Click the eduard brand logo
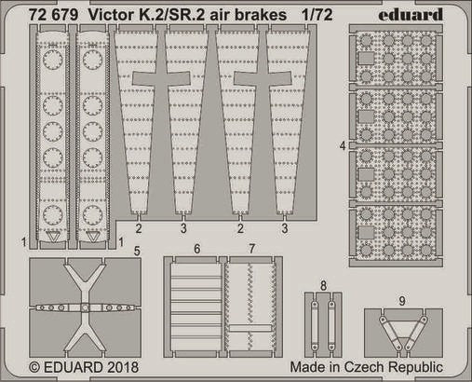click(x=411, y=15)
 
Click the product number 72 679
click(x=53, y=15)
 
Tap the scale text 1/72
click(x=317, y=15)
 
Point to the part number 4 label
click(x=343, y=145)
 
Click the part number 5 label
click(x=137, y=251)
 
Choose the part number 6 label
click(x=196, y=249)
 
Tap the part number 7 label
click(x=252, y=249)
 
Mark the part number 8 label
click(x=323, y=285)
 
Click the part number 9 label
click(x=402, y=301)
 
